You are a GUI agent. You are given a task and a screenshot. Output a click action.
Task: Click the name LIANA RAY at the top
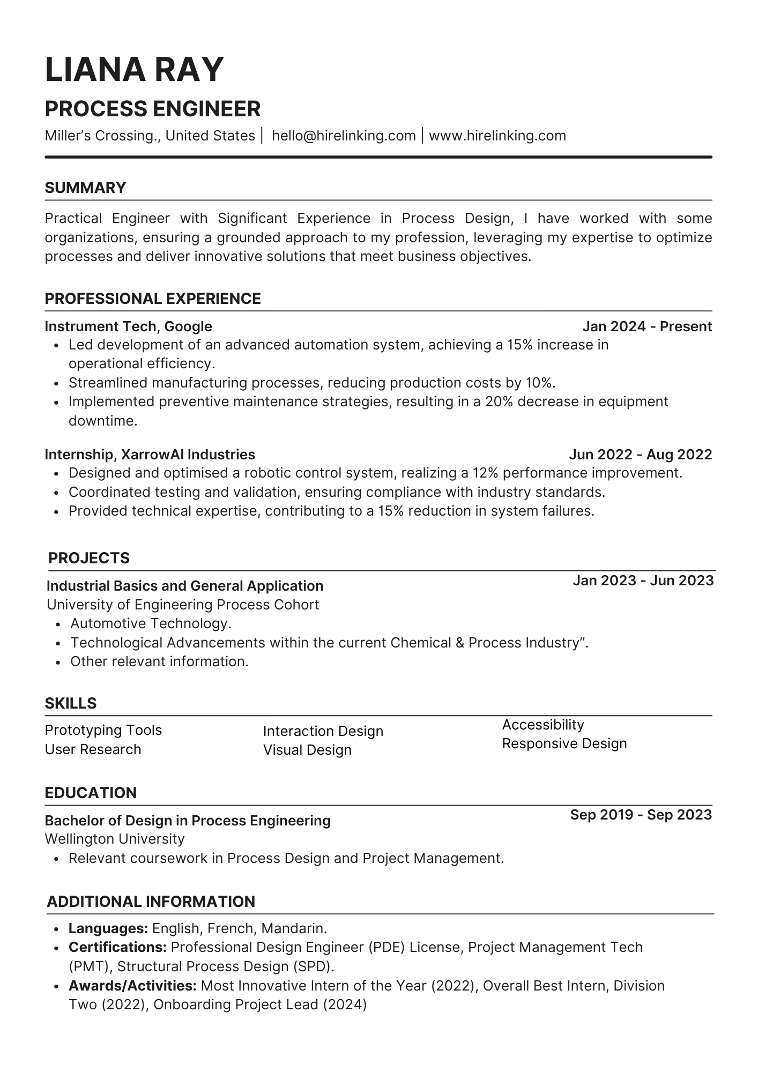point(134,70)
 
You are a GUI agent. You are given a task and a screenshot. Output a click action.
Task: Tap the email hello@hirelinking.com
point(344,136)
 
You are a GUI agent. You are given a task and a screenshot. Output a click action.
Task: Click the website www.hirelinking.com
point(497,136)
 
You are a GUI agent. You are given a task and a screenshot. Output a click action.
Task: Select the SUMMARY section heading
point(85,188)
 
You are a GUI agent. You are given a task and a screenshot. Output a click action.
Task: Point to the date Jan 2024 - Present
point(646,326)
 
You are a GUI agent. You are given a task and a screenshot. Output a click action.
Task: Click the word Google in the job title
point(188,326)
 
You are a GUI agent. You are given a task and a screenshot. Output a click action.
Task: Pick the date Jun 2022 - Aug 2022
point(640,455)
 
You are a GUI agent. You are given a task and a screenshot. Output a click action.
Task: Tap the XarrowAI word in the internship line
point(152,455)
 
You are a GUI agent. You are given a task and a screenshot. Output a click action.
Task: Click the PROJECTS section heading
point(89,558)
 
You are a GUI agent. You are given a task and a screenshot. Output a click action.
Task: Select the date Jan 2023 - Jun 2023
point(643,580)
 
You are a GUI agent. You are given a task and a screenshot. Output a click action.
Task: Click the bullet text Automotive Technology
point(151,623)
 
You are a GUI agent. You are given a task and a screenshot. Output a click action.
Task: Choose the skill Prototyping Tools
point(103,730)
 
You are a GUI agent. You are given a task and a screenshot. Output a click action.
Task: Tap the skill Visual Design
point(307,750)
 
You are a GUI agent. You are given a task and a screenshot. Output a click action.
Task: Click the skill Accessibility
point(543,725)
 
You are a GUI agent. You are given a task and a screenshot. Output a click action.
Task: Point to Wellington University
point(114,839)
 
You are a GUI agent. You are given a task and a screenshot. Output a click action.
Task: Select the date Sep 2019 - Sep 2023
point(641,815)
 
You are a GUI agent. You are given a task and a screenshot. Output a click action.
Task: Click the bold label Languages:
point(108,928)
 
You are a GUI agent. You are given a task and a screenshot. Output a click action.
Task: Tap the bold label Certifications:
point(117,947)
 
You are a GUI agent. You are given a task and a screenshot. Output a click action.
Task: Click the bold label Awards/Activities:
point(132,986)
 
